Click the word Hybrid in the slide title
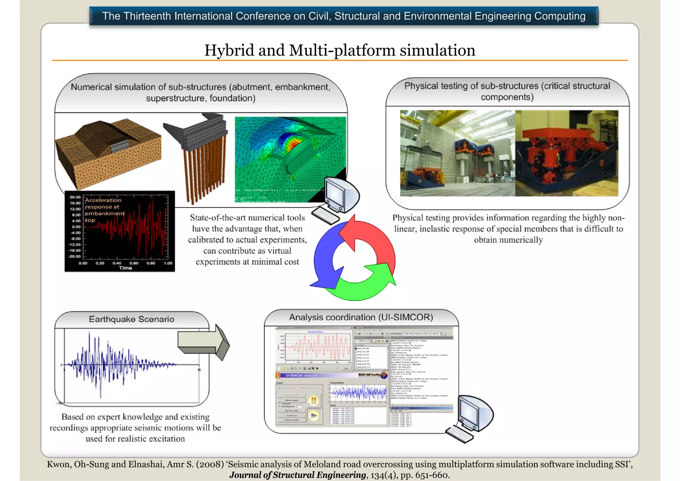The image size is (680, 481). [x=229, y=50]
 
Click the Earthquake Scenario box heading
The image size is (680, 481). [x=131, y=319]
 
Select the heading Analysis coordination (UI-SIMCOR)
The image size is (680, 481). [x=361, y=317]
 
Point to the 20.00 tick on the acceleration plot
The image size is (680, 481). [x=75, y=197]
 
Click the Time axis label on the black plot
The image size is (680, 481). [x=126, y=268]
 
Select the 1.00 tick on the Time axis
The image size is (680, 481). [x=168, y=263]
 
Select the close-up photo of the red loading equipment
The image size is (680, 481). [x=566, y=153]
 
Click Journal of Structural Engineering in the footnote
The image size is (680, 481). [x=297, y=475]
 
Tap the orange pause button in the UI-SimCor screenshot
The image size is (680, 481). [x=314, y=401]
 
